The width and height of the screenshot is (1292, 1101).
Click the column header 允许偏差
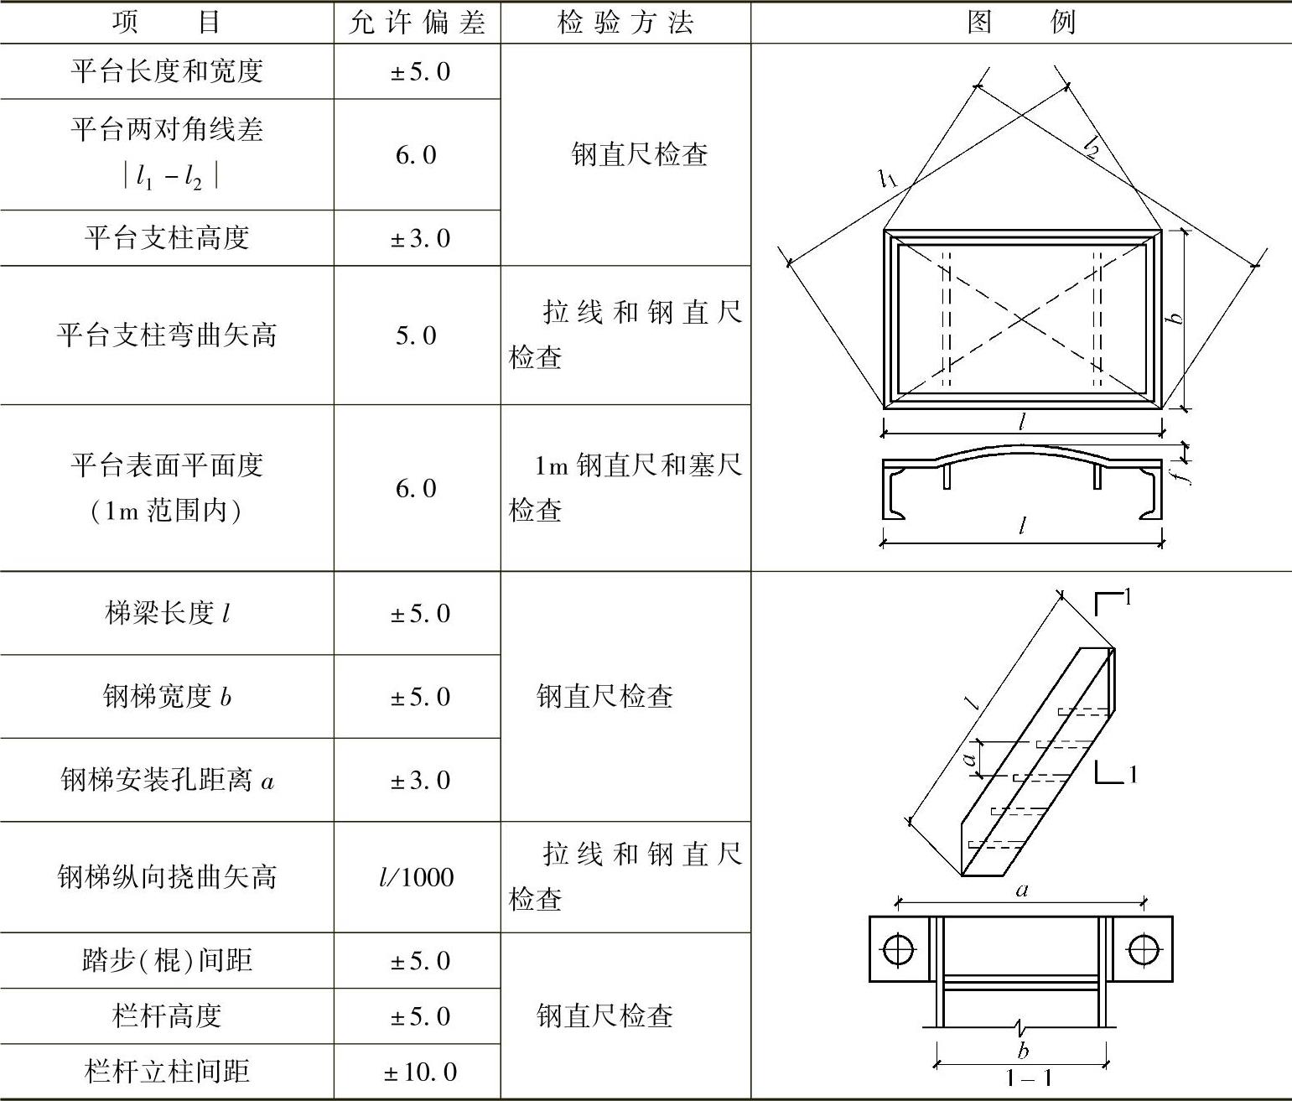(x=417, y=23)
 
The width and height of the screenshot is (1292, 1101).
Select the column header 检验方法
(x=625, y=23)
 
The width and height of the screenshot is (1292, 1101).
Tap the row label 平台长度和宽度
(x=167, y=71)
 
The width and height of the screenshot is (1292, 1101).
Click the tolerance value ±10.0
(x=420, y=1072)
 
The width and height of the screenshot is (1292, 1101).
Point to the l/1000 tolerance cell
(x=417, y=877)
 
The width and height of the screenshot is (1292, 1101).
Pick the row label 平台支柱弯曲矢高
(x=167, y=335)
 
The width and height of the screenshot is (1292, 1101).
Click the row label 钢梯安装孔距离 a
(x=167, y=781)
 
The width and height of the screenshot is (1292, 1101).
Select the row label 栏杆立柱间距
(x=167, y=1072)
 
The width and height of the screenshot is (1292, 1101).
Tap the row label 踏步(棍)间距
(x=167, y=960)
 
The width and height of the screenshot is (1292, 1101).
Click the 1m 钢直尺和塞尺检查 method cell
(x=625, y=487)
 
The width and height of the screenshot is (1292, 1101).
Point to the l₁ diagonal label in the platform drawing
(x=889, y=178)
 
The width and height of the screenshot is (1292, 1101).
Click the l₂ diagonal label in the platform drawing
(x=1091, y=148)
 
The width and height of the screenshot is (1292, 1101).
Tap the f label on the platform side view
(x=1181, y=474)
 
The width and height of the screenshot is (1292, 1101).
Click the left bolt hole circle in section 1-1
(x=899, y=949)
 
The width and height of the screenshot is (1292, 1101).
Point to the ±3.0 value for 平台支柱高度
(x=420, y=238)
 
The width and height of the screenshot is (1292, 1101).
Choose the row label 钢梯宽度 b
(x=167, y=697)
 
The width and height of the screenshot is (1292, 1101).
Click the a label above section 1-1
(x=1021, y=890)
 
